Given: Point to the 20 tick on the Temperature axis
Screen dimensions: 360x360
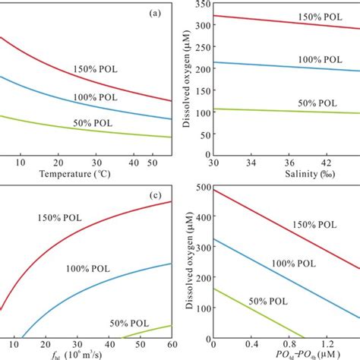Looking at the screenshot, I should click(x=58, y=163).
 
